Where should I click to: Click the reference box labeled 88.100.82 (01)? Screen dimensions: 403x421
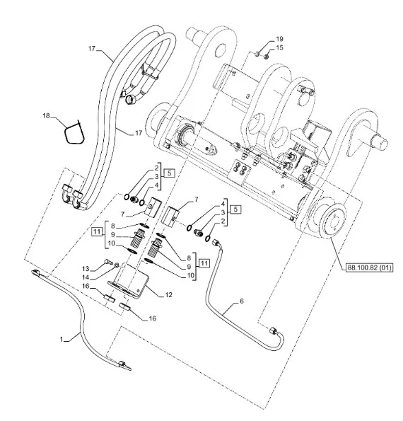(x=370, y=267)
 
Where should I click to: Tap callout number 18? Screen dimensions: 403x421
(x=46, y=116)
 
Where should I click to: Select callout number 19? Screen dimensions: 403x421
(x=279, y=39)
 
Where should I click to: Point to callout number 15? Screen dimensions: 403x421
(x=279, y=48)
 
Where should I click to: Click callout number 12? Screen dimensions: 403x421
(x=168, y=295)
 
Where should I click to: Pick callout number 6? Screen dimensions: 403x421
(x=242, y=301)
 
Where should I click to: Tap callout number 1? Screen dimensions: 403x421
(x=62, y=340)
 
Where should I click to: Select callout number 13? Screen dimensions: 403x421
(x=86, y=269)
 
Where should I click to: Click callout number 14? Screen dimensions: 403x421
(x=86, y=277)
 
